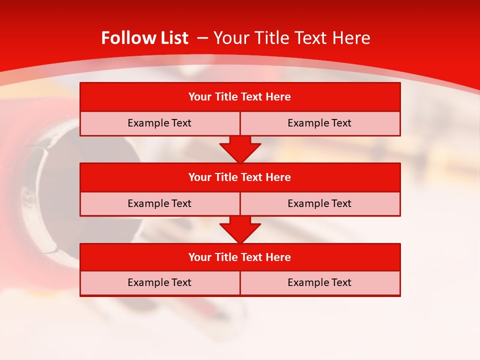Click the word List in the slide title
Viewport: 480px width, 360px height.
coord(171,38)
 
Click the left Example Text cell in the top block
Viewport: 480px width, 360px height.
coord(159,123)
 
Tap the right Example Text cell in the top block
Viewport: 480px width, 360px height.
coord(319,123)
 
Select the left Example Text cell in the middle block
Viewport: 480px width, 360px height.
coord(159,203)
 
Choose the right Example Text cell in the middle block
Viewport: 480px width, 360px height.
coord(319,203)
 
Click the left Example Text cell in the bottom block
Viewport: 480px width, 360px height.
coord(159,282)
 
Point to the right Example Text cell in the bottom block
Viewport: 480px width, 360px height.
coord(319,282)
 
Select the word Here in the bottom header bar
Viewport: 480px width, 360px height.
coord(278,257)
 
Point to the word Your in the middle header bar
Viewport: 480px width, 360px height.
coord(199,177)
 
